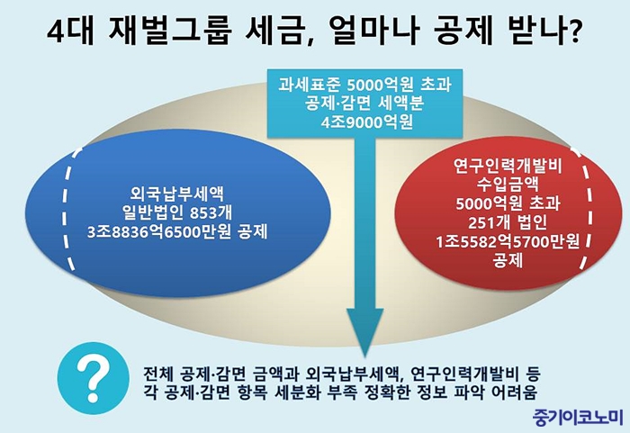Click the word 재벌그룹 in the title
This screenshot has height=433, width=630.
point(170,32)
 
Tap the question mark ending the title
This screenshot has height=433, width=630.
point(573,32)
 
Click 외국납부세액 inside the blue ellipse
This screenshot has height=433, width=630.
point(176,194)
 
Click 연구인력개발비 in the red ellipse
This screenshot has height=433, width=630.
point(508,166)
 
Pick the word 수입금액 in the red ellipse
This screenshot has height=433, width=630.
point(508,185)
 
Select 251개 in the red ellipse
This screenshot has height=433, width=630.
point(487,222)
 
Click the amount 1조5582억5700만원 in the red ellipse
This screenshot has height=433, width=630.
point(508,241)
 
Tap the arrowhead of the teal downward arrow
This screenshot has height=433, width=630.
point(365,330)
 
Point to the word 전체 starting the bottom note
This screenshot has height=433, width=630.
point(159,374)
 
